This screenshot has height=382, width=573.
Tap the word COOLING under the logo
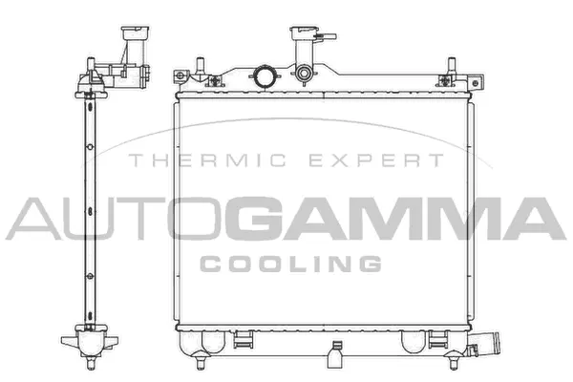pyautogui.click(x=291, y=263)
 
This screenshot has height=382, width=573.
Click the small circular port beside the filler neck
pyautogui.click(x=304, y=74)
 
